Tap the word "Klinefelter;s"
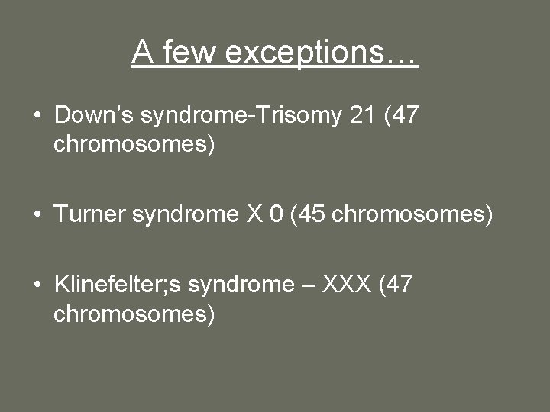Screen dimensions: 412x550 click(118, 285)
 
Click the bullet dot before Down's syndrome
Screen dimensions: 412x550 click(37, 117)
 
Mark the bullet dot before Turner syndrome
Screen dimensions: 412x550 click(37, 216)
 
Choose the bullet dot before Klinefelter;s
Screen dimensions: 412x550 click(37, 286)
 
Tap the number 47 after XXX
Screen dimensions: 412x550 click(399, 285)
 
